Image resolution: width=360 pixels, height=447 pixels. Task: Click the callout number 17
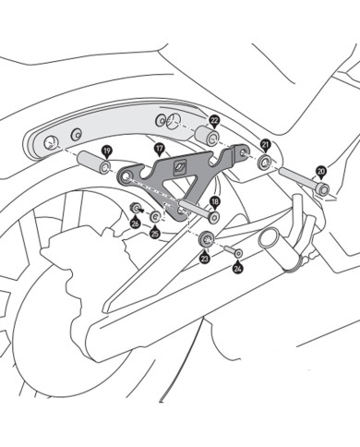pyautogui.click(x=159, y=148)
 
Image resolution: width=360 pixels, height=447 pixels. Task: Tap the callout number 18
pyautogui.click(x=214, y=201)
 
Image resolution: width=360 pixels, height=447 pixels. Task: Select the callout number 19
pyautogui.click(x=107, y=150)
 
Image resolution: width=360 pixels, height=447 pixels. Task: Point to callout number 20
pyautogui.click(x=320, y=172)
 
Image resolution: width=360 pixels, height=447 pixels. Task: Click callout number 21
pyautogui.click(x=265, y=145)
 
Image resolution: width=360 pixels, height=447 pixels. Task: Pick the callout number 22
pyautogui.click(x=213, y=120)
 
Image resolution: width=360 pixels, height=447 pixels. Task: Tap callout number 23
pyautogui.click(x=204, y=260)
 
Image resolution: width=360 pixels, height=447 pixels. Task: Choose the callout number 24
pyautogui.click(x=238, y=269)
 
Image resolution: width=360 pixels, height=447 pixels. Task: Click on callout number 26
pyautogui.click(x=135, y=223)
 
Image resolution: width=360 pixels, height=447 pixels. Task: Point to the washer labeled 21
pyautogui.click(x=265, y=163)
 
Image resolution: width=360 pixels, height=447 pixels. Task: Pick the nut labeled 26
pyautogui.click(x=137, y=208)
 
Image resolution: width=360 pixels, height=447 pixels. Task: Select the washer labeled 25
pyautogui.click(x=155, y=217)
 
